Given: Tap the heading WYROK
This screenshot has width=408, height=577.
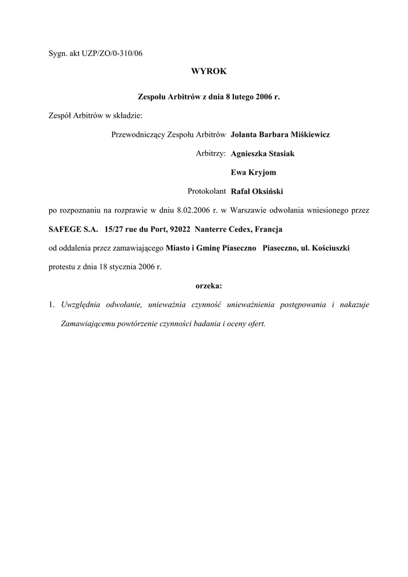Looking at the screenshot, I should pyautogui.click(x=209, y=72).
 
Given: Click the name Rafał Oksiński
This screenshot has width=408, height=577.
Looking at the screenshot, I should pyautogui.click(x=257, y=191).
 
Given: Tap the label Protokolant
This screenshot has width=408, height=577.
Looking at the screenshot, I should pyautogui.click(x=207, y=191).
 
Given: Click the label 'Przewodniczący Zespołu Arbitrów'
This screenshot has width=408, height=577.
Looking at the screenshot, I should pyautogui.click(x=169, y=135).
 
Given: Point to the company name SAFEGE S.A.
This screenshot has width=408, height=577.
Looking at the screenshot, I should pyautogui.click(x=73, y=229).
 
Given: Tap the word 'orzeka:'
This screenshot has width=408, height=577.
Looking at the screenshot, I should pyautogui.click(x=209, y=286).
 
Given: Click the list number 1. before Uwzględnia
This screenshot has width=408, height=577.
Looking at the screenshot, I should pyautogui.click(x=51, y=305).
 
